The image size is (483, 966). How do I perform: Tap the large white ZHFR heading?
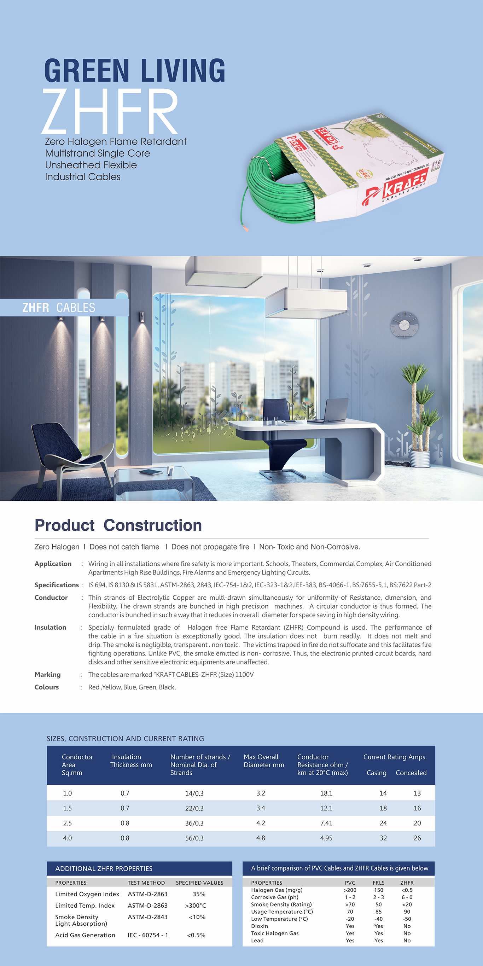[110, 111]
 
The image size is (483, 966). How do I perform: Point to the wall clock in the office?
[404, 325]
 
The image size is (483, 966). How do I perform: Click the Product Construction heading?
[118, 525]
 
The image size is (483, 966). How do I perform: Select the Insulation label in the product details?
[50, 627]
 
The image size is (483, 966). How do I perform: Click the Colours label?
[47, 687]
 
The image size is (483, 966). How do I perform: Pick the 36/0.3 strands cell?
[194, 823]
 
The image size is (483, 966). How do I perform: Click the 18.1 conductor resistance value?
[326, 793]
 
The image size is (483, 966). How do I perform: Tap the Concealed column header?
[411, 773]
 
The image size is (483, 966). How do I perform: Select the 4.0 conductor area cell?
[68, 838]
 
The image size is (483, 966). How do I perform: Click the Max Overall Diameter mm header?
[264, 761]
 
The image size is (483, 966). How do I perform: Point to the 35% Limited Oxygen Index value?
[199, 894]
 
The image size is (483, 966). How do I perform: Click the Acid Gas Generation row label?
[85, 935]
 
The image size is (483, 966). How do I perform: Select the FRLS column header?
[379, 883]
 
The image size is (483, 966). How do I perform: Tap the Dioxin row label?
[260, 926]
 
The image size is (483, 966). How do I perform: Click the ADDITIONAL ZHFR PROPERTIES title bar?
[140, 868]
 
